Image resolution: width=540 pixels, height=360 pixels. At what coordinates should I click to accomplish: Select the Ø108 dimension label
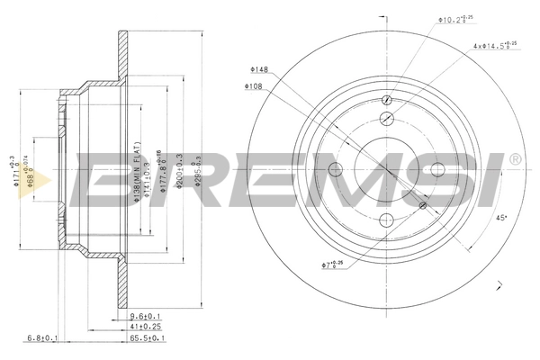[252, 86]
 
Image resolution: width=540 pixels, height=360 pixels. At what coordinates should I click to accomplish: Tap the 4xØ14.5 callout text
[494, 45]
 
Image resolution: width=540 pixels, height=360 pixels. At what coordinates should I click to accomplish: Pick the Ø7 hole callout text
[333, 265]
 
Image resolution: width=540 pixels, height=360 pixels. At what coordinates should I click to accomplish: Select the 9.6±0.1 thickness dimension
[146, 316]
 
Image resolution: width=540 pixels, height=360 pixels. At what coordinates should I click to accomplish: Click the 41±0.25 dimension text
[146, 328]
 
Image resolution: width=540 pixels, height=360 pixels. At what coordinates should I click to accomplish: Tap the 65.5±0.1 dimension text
[146, 339]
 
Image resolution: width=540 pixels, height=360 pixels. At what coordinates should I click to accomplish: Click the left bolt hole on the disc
[336, 171]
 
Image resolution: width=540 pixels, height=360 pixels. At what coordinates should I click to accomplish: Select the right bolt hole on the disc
[438, 171]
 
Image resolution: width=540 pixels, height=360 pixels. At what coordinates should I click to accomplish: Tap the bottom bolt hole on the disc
[387, 221]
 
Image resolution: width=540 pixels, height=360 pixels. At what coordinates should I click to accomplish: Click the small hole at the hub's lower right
[423, 206]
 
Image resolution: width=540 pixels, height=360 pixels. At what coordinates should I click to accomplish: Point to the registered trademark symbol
[514, 159]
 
